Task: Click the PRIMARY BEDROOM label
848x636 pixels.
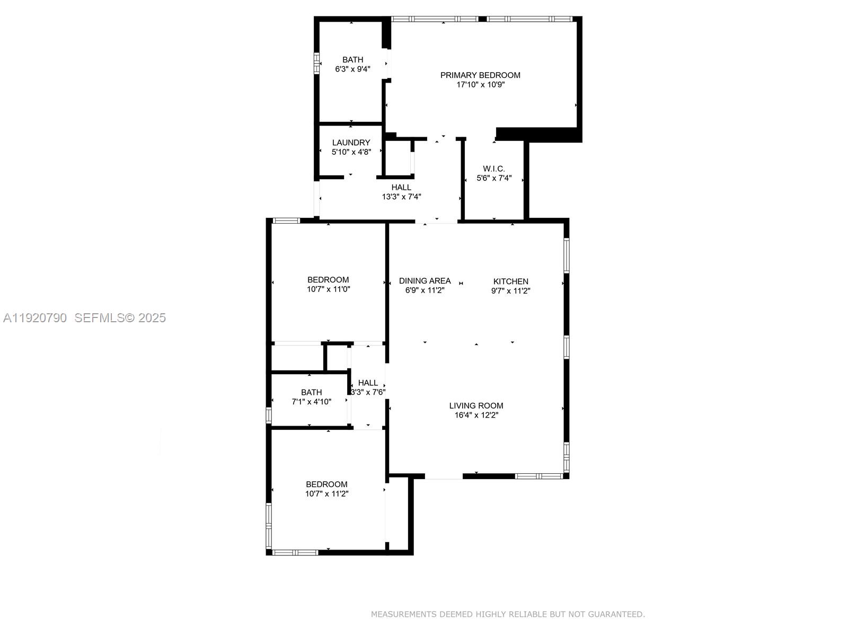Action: [x=480, y=75]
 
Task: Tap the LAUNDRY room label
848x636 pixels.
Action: [x=351, y=143]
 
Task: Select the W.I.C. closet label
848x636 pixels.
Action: [x=494, y=169]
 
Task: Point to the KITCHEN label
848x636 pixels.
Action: [x=511, y=281]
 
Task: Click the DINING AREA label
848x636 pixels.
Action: [x=425, y=281]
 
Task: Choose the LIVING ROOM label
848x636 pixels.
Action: [x=476, y=406]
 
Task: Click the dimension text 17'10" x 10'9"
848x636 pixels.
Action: [x=481, y=85]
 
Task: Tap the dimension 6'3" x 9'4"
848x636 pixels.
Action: [x=352, y=69]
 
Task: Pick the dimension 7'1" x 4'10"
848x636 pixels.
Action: [x=312, y=402]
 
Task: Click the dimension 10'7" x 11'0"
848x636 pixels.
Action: [x=329, y=289]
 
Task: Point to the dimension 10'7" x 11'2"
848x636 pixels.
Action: [x=326, y=494]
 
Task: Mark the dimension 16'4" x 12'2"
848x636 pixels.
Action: [x=476, y=416]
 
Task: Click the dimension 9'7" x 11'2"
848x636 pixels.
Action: [x=511, y=291]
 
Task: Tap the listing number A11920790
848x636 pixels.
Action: [x=35, y=318]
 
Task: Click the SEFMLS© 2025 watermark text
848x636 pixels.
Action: [x=120, y=318]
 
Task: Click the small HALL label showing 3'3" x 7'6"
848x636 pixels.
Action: [x=368, y=383]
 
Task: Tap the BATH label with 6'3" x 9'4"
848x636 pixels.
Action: [x=352, y=60]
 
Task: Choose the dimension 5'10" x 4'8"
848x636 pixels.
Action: [x=351, y=152]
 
